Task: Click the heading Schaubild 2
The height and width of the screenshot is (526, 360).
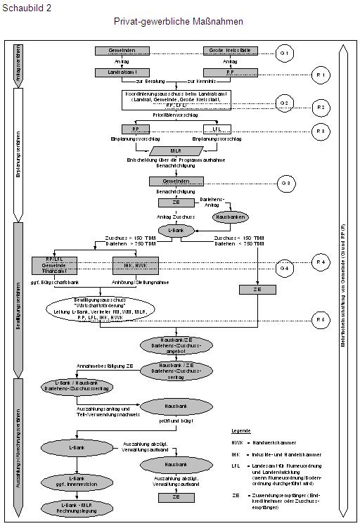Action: [26, 6]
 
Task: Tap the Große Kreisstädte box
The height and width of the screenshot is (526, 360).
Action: [231, 51]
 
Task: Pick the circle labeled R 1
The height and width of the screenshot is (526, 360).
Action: [320, 73]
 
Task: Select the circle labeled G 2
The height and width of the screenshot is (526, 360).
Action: [284, 103]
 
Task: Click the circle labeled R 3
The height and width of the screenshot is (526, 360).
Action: [320, 130]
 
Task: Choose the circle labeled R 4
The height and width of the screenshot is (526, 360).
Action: [320, 262]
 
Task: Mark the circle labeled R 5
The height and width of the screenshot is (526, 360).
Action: [320, 320]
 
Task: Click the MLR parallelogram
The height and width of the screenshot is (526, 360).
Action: [176, 151]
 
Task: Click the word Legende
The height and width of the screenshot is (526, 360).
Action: [242, 430]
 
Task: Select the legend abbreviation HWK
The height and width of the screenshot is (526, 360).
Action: [238, 442]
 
